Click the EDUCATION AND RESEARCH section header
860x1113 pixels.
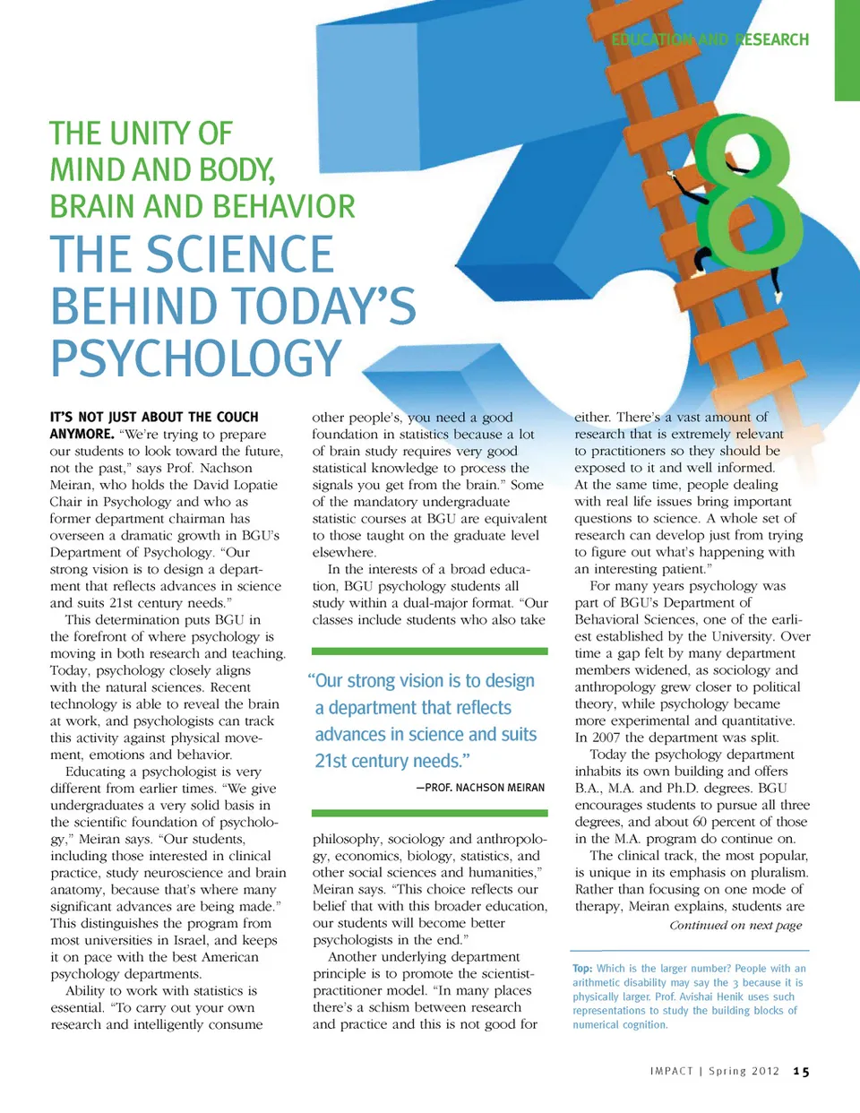click(x=709, y=39)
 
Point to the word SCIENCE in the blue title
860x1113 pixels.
click(x=240, y=255)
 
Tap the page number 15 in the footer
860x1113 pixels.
click(x=801, y=1072)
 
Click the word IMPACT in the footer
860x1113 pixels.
click(x=671, y=1072)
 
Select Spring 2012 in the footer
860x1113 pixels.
click(x=744, y=1072)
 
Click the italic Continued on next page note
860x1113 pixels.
click(x=735, y=926)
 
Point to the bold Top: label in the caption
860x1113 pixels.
click(x=582, y=969)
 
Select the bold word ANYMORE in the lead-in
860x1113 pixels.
click(x=82, y=434)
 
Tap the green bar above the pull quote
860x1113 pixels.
click(x=429, y=651)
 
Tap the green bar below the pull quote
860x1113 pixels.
click(x=429, y=814)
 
